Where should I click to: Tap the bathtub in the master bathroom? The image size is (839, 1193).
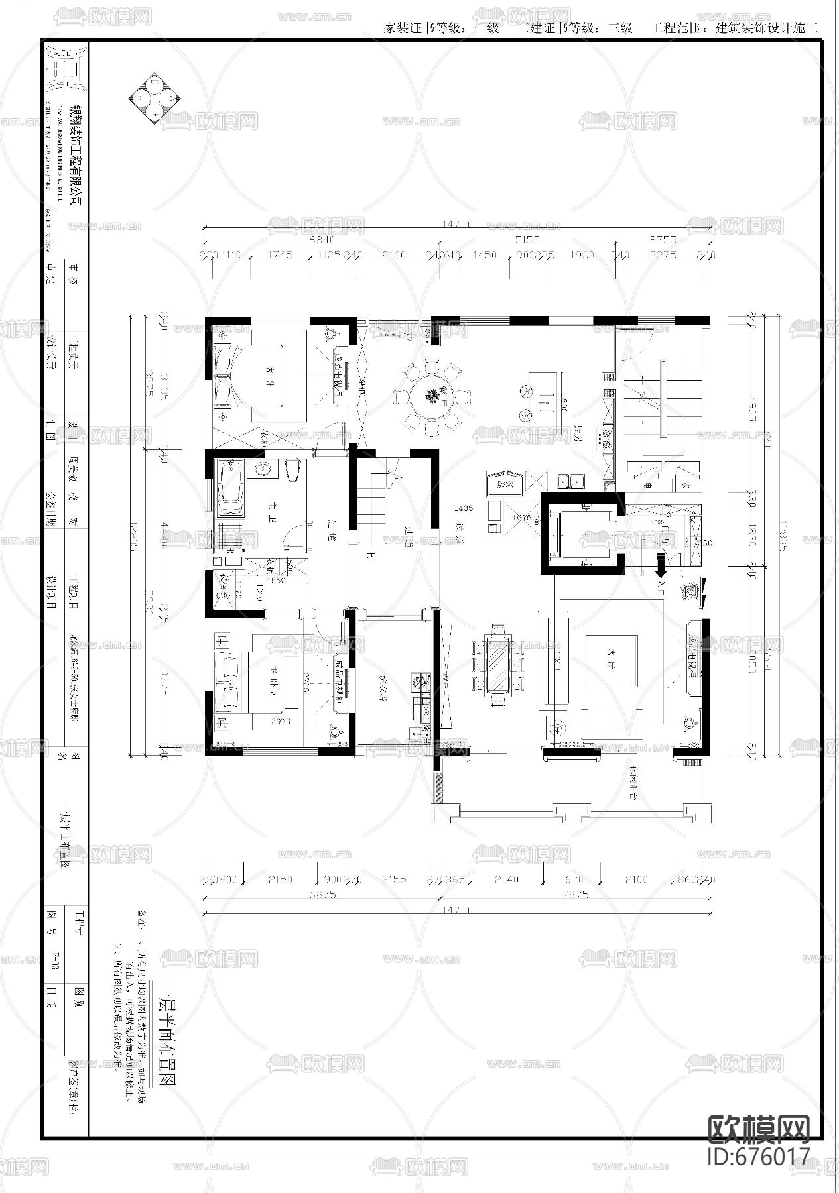tap(230, 490)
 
